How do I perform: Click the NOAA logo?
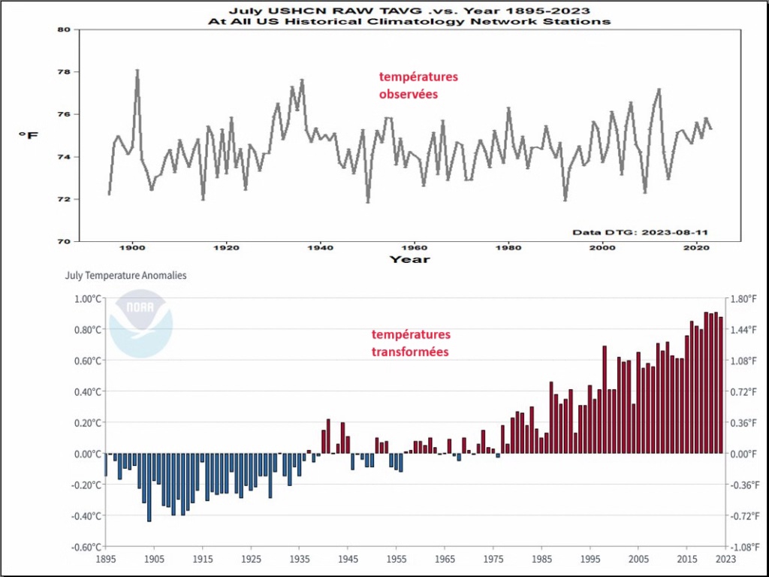tap(141, 324)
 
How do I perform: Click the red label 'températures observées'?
tap(418, 86)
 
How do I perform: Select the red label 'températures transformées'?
tap(411, 343)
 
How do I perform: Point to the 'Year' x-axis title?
tap(409, 259)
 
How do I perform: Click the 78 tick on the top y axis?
tap(63, 72)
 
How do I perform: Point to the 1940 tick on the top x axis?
tap(321, 247)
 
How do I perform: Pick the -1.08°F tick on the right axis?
tap(746, 547)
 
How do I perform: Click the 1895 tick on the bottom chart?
tap(106, 560)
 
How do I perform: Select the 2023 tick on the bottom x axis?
tap(725, 560)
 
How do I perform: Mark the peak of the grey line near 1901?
tap(137, 71)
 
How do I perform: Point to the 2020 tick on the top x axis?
tap(696, 247)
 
